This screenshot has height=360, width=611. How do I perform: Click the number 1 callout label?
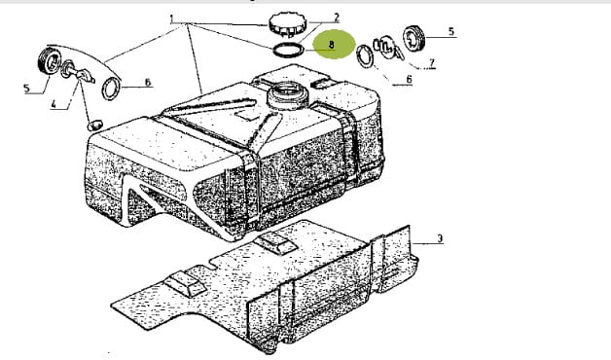tap(171, 18)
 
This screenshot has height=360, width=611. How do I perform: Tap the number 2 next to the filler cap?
tap(336, 18)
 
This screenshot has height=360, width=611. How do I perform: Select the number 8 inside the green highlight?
tap(331, 45)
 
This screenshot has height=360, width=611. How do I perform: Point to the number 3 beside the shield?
tap(440, 238)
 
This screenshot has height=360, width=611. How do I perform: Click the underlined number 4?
tap(54, 104)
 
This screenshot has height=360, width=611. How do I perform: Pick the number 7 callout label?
tap(431, 62)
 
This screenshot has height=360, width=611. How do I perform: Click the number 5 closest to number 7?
tap(451, 31)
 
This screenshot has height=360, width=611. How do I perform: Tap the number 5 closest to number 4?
tap(26, 88)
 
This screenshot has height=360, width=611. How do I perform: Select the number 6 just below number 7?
tap(409, 79)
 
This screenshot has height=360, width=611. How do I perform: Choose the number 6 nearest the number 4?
tap(147, 82)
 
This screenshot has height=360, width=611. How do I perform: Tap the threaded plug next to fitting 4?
tap(50, 61)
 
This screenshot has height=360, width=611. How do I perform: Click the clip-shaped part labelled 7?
tap(387, 47)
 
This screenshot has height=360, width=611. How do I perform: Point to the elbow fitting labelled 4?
tap(79, 72)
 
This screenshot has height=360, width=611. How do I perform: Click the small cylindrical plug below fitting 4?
tap(94, 126)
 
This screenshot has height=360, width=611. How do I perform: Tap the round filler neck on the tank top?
tap(288, 94)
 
